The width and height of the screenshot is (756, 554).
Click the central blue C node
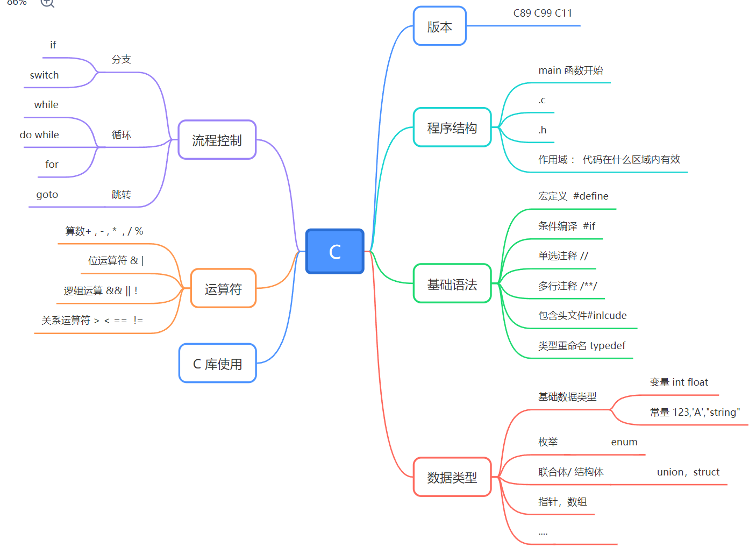334,251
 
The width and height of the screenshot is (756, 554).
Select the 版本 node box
439,26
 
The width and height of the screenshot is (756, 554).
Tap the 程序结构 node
452,127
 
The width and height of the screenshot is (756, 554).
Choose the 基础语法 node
452,284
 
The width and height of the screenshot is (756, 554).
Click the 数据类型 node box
452,477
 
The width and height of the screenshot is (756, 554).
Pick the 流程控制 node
217,140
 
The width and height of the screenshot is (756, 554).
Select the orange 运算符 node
223,289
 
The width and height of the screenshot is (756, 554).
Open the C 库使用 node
217,364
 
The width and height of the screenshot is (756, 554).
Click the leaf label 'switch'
45,75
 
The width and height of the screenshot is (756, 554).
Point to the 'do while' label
39,135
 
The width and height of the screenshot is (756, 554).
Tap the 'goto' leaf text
47,195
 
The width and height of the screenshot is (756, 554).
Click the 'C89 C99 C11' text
543,13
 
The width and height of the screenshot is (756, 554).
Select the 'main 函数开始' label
570,70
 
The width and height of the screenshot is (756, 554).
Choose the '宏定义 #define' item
573,196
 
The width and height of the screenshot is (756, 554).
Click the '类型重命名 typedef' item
582,346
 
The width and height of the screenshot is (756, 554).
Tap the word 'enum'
624,442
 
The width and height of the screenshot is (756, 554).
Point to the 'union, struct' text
688,472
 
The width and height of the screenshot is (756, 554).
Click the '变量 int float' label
679,382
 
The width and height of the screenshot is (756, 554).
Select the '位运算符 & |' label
116,261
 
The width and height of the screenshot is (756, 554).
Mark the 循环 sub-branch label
122,135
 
